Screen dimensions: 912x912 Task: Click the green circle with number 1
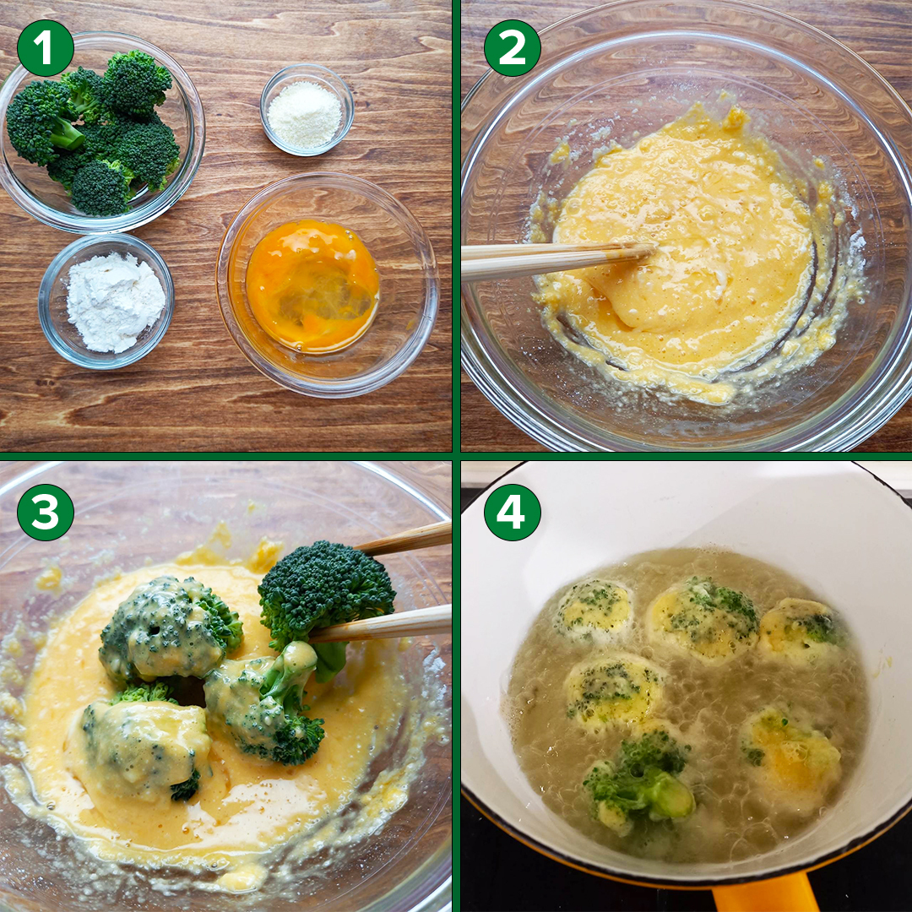(46, 47)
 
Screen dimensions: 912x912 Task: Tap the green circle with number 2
(512, 47)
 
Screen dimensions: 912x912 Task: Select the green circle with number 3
(46, 513)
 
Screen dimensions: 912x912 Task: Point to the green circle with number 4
(512, 513)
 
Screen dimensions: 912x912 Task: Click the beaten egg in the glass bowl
(312, 286)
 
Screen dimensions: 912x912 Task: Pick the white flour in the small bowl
(115, 302)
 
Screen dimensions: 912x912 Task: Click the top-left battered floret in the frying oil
(594, 609)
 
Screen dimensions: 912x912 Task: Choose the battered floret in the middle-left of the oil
(614, 692)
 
